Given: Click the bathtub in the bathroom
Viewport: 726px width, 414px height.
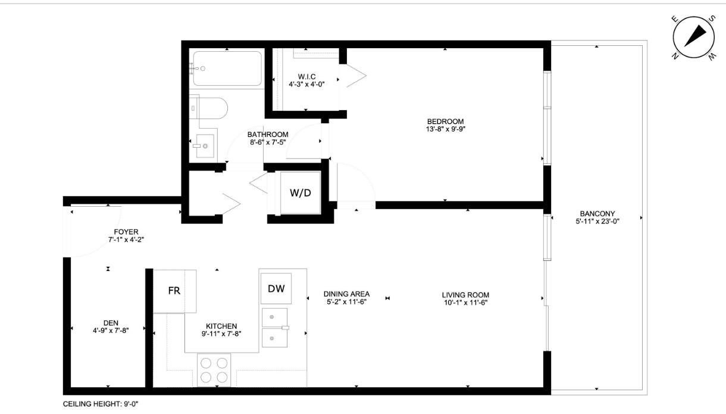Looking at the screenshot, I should click(x=227, y=69).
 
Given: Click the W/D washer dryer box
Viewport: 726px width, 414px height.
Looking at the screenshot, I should click(x=301, y=193).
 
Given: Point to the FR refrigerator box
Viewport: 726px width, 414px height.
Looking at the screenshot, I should click(x=174, y=291).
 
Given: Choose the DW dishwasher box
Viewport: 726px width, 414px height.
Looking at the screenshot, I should click(x=276, y=289).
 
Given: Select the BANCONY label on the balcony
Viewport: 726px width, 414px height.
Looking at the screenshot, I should click(x=597, y=214).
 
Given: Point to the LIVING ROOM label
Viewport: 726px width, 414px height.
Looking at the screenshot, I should click(x=465, y=294).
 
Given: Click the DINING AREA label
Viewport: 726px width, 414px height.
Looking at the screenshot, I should click(x=346, y=294).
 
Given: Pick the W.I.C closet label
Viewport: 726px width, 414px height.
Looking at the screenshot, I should click(x=306, y=76).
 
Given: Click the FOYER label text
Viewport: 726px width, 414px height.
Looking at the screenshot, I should click(x=126, y=232).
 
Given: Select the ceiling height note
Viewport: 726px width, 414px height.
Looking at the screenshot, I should click(x=101, y=403).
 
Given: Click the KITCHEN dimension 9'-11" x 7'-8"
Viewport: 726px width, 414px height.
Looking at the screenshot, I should click(x=221, y=334).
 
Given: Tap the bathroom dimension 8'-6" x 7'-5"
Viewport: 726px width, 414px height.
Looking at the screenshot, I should click(x=268, y=142).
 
